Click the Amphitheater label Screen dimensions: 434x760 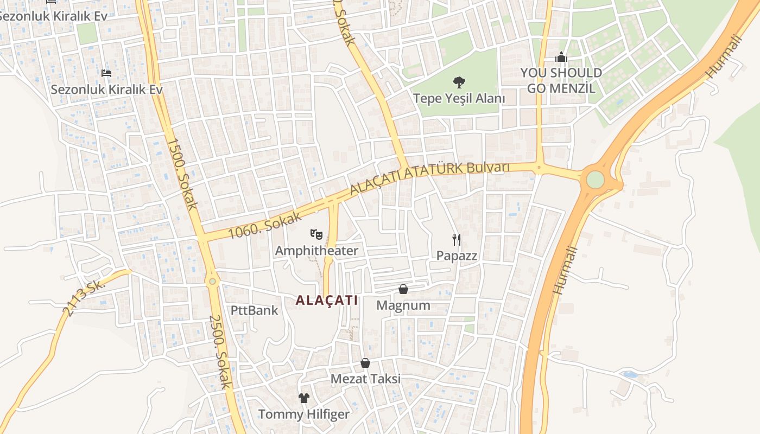point(316,251)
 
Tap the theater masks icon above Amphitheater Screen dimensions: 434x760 point(316,234)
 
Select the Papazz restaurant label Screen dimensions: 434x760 point(457,256)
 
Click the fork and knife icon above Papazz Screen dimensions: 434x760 point(457,239)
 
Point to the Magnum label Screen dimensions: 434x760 point(403,305)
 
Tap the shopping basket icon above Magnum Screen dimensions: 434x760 point(403,289)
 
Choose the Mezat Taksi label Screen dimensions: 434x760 point(366,379)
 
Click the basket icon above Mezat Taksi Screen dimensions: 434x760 point(365,362)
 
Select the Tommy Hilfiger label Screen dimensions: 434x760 point(303,414)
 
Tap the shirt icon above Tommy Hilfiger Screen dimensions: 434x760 point(303,398)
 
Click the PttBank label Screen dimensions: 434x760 point(254,310)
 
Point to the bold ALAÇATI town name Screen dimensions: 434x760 point(327,300)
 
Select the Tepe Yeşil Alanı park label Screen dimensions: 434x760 point(459,99)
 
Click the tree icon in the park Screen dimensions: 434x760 point(459,82)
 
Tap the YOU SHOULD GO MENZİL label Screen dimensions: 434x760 point(561,80)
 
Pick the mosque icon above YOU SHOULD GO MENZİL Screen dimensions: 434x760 point(561,57)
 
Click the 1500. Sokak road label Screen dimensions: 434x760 point(182,174)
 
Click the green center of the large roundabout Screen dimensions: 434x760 point(596,180)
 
